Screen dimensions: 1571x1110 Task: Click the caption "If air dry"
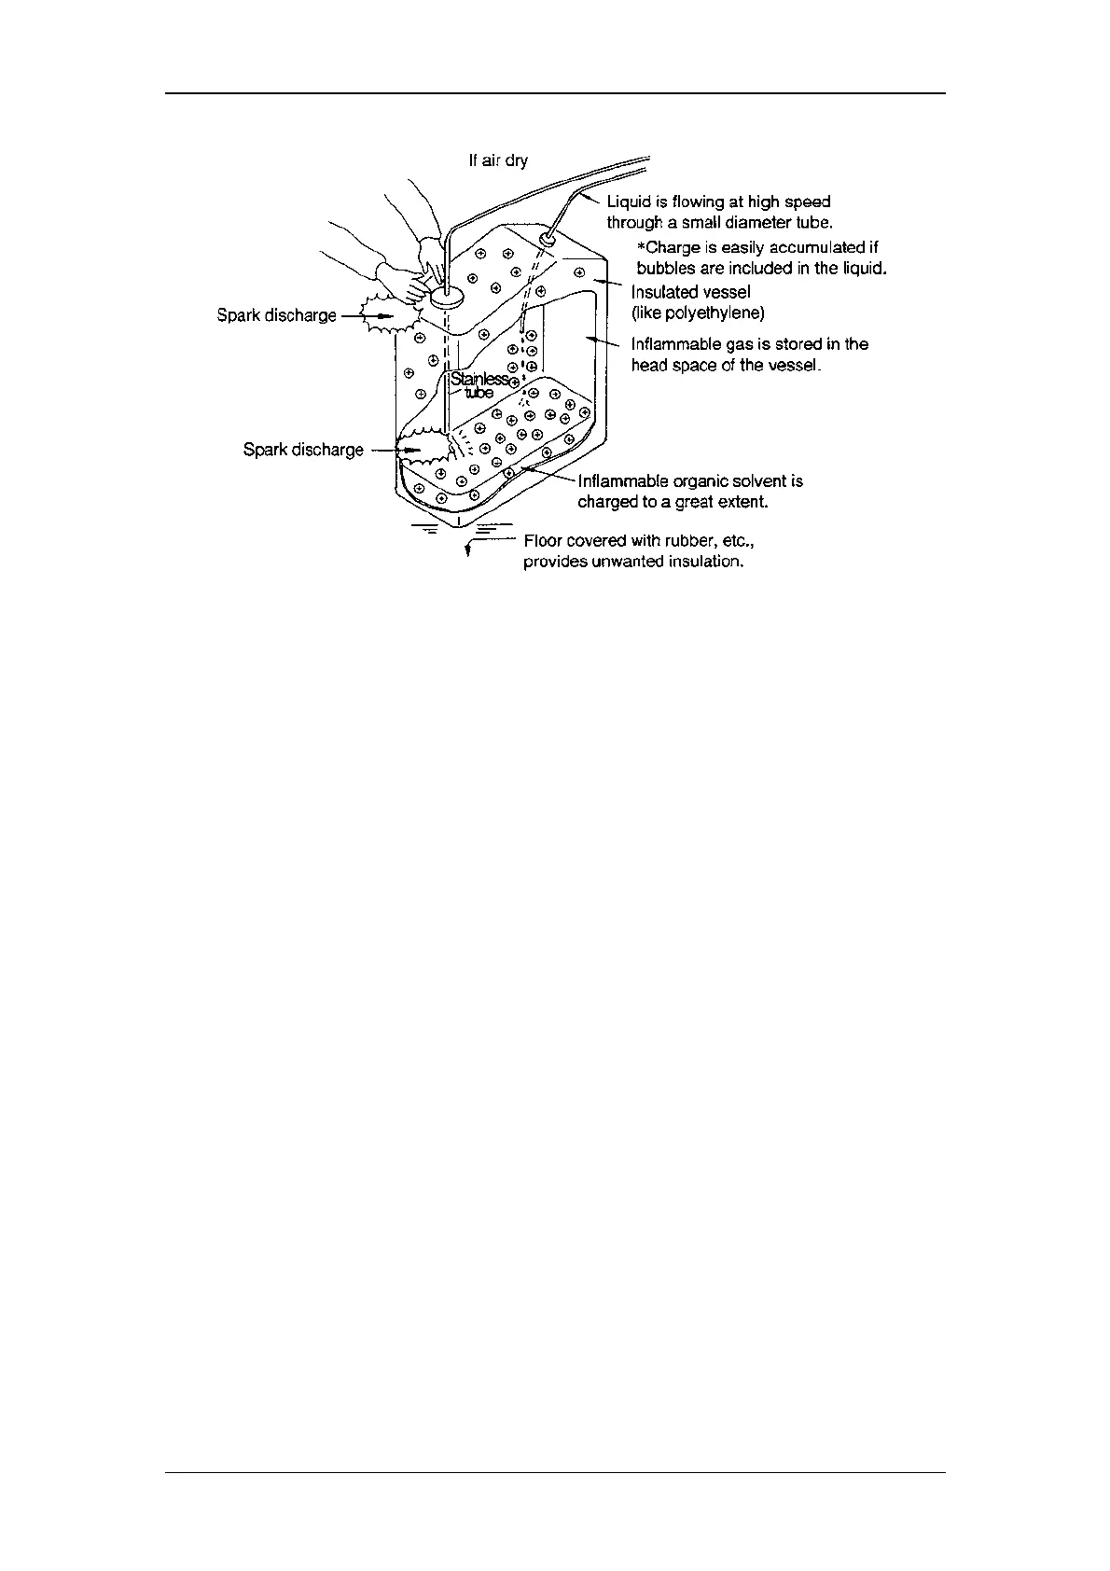pos(497,161)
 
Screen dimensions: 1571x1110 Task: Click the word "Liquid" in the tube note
pos(630,202)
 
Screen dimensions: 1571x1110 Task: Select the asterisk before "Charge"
pos(641,248)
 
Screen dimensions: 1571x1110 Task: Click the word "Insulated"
pos(665,292)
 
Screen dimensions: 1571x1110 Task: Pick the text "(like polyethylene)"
pos(698,313)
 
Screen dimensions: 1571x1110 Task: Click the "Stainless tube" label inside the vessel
pos(479,385)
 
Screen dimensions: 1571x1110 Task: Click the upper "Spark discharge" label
pos(276,315)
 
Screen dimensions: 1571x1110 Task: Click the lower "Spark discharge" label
pos(303,450)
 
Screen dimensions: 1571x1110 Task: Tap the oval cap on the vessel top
pos(447,299)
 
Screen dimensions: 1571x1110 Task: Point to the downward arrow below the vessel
pos(467,550)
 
